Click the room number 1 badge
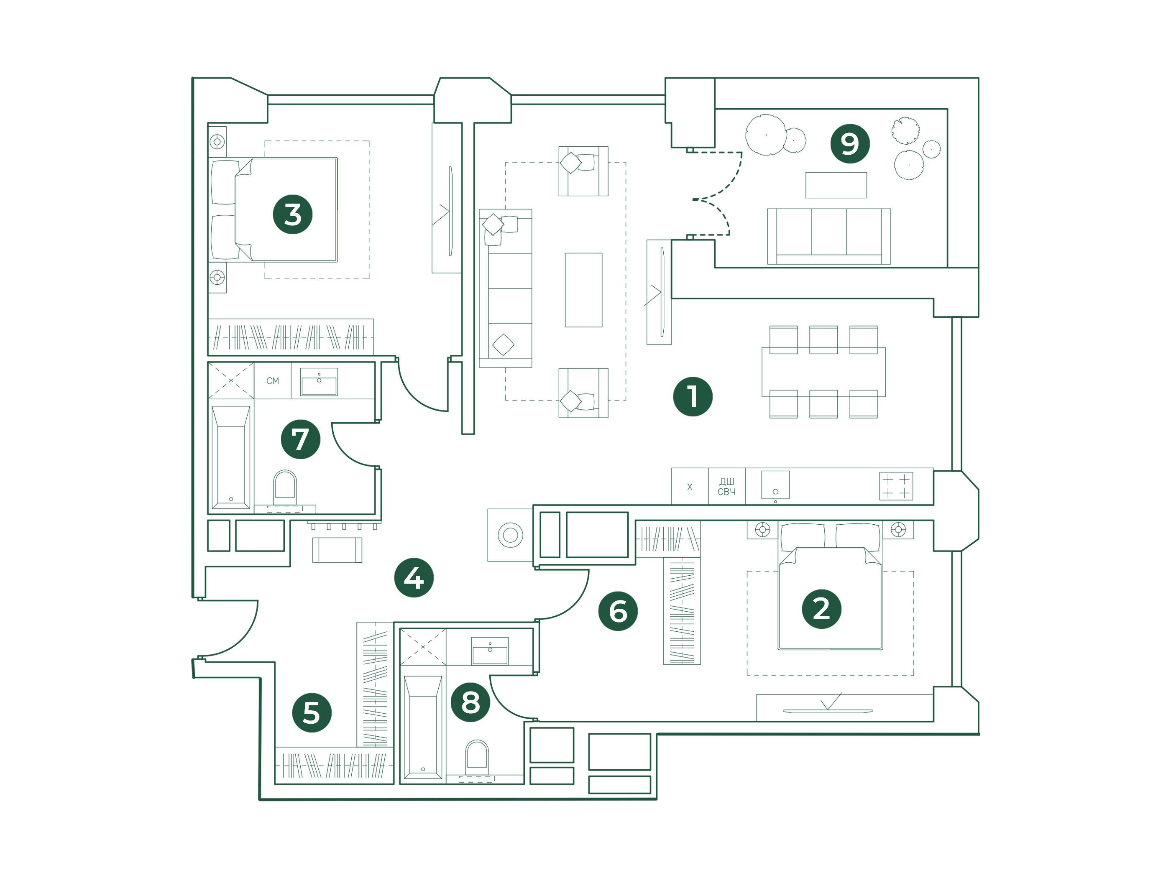693,396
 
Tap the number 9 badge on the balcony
850,143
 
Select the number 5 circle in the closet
312,712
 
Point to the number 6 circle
618,611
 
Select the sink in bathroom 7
319,382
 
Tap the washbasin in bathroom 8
490,651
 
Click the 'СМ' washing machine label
273,380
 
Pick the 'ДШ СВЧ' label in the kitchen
726,486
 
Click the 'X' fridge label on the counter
689,486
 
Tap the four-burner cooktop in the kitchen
896,486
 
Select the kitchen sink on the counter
775,485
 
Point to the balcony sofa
828,236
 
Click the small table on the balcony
836,185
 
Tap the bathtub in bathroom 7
231,457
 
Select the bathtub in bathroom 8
422,727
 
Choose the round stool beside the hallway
510,535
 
